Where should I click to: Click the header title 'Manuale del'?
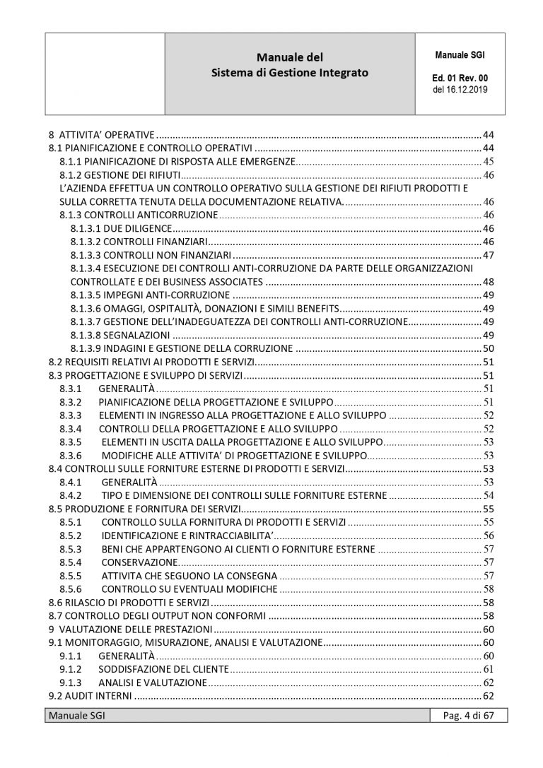click(291, 57)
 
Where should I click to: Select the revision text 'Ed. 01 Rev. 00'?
click(460, 78)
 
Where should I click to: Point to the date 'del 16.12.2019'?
click(460, 90)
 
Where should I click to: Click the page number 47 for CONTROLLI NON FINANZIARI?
click(487, 254)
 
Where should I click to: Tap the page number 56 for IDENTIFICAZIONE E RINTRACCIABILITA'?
click(487, 535)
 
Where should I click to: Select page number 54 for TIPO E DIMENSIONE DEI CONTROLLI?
click(487, 495)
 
